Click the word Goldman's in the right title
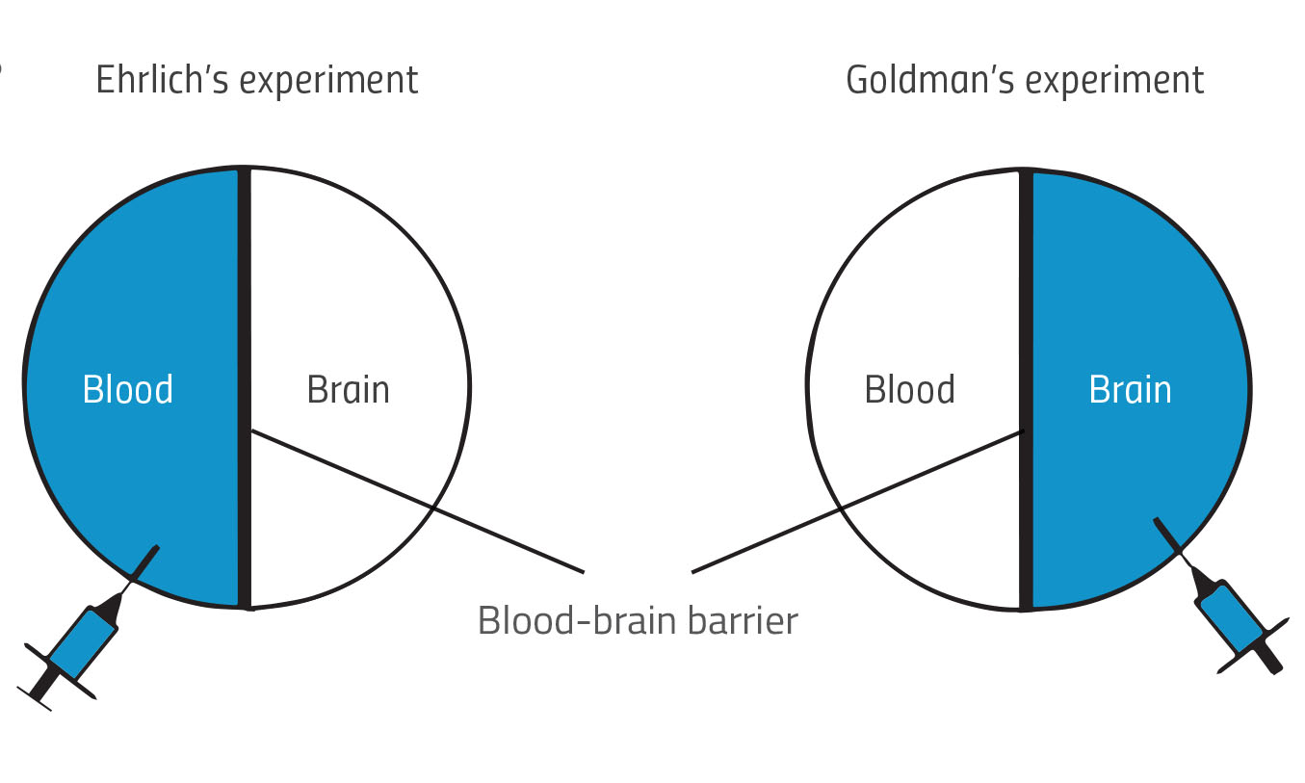pyautogui.click(x=929, y=80)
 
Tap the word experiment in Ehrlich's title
pyautogui.click(x=328, y=82)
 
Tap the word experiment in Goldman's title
pyautogui.click(x=1114, y=82)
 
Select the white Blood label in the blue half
pyautogui.click(x=128, y=390)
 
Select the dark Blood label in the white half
pyautogui.click(x=909, y=390)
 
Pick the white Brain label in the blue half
pyautogui.click(x=1130, y=390)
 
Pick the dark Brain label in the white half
pyautogui.click(x=348, y=390)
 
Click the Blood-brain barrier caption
pyautogui.click(x=638, y=621)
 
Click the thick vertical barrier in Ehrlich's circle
pyautogui.click(x=245, y=289)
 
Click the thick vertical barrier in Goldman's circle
pyautogui.click(x=1026, y=289)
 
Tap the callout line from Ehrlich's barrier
pyautogui.click(x=424, y=503)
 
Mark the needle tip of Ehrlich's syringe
pyautogui.click(x=157, y=548)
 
